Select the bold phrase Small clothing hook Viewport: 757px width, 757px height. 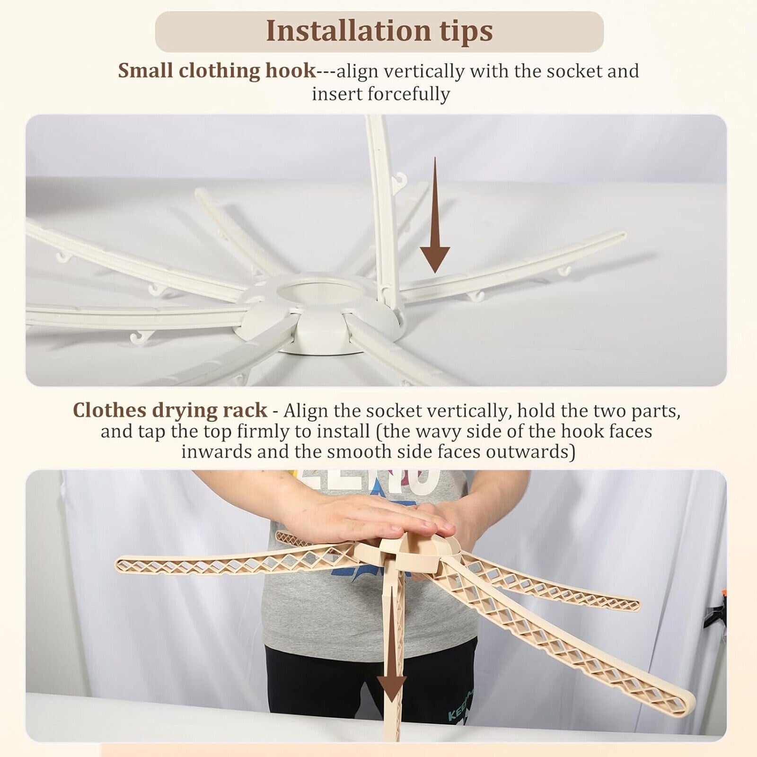pyautogui.click(x=217, y=71)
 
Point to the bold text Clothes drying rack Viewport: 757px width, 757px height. pyautogui.click(x=170, y=410)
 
